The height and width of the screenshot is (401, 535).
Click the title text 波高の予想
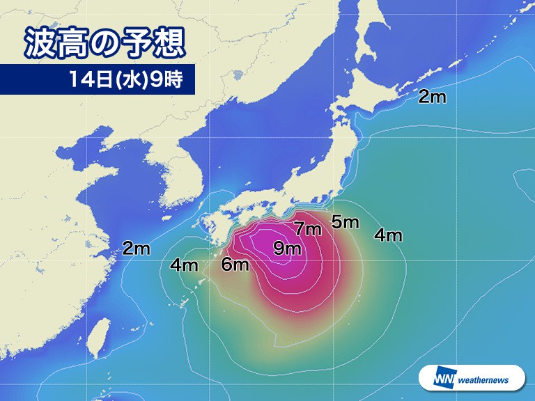[x=104, y=43]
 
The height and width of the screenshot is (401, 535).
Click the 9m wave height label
[x=287, y=247]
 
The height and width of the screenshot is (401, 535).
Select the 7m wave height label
[x=307, y=228]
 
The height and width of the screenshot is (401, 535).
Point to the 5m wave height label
[x=345, y=223]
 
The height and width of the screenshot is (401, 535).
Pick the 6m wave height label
[x=235, y=265]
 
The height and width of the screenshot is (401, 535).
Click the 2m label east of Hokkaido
[x=432, y=97]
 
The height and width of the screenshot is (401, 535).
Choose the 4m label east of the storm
[x=388, y=235]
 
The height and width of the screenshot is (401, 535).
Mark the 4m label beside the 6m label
[x=185, y=265]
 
